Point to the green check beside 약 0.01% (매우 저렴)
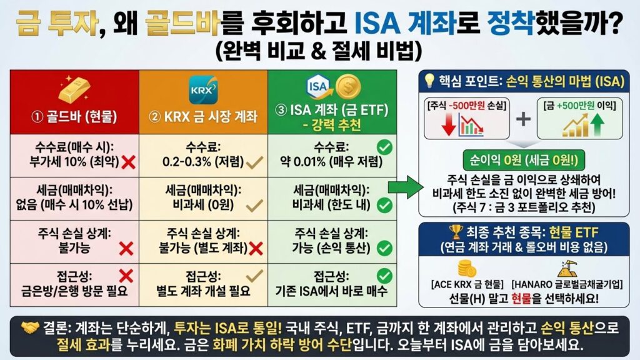coord(385,148)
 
